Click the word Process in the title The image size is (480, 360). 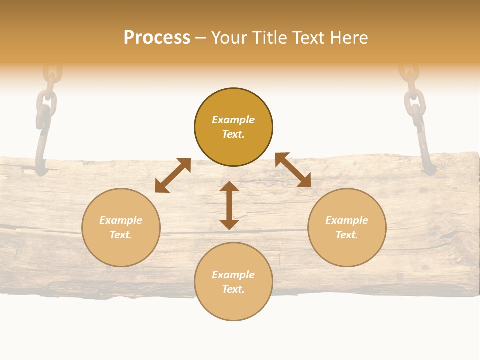coord(157,38)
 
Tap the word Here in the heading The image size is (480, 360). coord(348,38)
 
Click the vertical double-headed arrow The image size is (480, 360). coord(229,205)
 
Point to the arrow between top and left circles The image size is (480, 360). coord(173,175)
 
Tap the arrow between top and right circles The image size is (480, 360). coord(293,170)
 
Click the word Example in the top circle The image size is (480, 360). coord(233,120)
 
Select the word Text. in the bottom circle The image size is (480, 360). coord(233,289)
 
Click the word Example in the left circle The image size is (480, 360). coord(121,220)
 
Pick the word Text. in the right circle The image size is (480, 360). coord(347,235)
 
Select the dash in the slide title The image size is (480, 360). coord(200,38)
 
